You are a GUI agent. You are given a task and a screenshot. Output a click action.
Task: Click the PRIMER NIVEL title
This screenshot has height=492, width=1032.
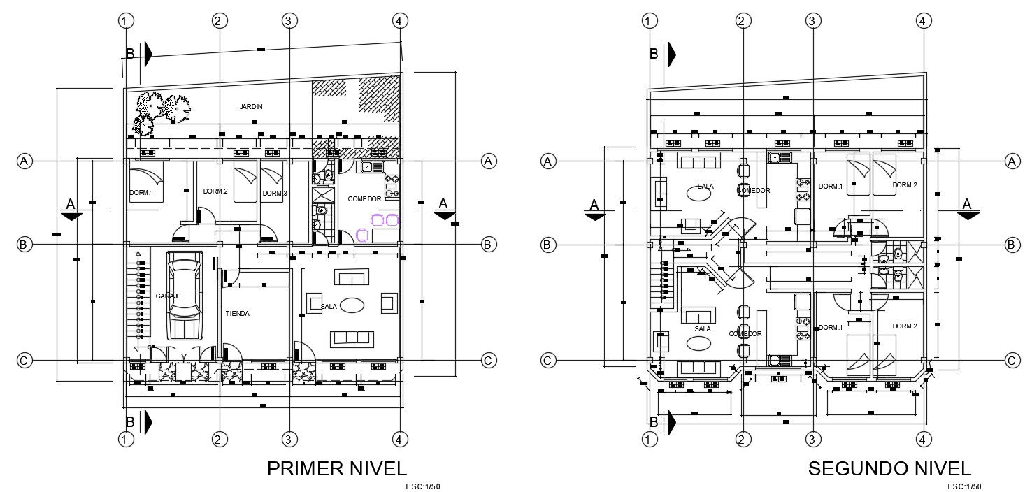(336, 468)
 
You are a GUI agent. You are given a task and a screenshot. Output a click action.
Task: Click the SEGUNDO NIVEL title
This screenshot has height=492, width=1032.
(889, 468)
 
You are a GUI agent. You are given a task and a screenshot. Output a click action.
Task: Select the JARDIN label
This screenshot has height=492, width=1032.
(250, 107)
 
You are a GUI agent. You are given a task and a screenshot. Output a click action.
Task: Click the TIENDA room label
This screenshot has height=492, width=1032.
(237, 314)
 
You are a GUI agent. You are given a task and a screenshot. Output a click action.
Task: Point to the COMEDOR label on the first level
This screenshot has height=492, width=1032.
(364, 199)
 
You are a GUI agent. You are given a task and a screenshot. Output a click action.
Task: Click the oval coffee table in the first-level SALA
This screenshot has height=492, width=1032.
(352, 305)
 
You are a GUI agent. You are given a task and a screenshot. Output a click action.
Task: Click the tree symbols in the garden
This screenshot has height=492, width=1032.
(162, 111)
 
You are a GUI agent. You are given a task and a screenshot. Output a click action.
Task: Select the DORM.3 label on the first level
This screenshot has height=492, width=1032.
(273, 194)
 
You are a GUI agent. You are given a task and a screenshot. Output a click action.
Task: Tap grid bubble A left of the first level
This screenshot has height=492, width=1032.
(24, 161)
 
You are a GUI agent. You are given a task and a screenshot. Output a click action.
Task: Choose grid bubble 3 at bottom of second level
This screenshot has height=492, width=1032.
(812, 440)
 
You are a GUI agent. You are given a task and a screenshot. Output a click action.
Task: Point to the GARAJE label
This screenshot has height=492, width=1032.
(168, 296)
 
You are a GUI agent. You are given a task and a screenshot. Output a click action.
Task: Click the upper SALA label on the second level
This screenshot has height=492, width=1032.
(705, 187)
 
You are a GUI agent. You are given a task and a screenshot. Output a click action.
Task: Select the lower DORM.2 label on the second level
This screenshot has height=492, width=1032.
(904, 326)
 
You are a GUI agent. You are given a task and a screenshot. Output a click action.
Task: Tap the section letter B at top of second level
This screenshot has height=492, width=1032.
(654, 53)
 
